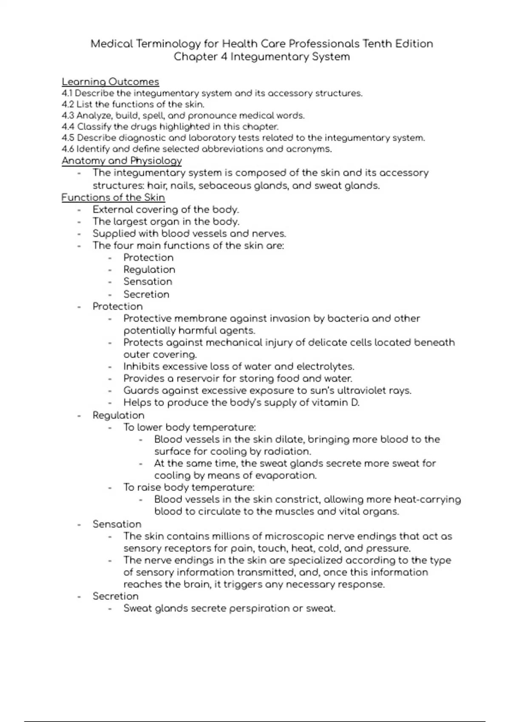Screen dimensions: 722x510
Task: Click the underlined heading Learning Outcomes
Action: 110,82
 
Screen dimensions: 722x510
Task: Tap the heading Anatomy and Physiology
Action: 122,161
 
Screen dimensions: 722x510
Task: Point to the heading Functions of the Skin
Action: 113,197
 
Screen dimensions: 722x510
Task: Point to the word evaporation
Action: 288,475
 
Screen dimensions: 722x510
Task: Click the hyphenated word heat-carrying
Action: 427,499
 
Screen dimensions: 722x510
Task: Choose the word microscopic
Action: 297,536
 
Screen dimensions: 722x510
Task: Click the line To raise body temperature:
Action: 189,487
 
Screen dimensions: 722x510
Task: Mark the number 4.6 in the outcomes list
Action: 68,149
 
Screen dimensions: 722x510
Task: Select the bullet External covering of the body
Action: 166,209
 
